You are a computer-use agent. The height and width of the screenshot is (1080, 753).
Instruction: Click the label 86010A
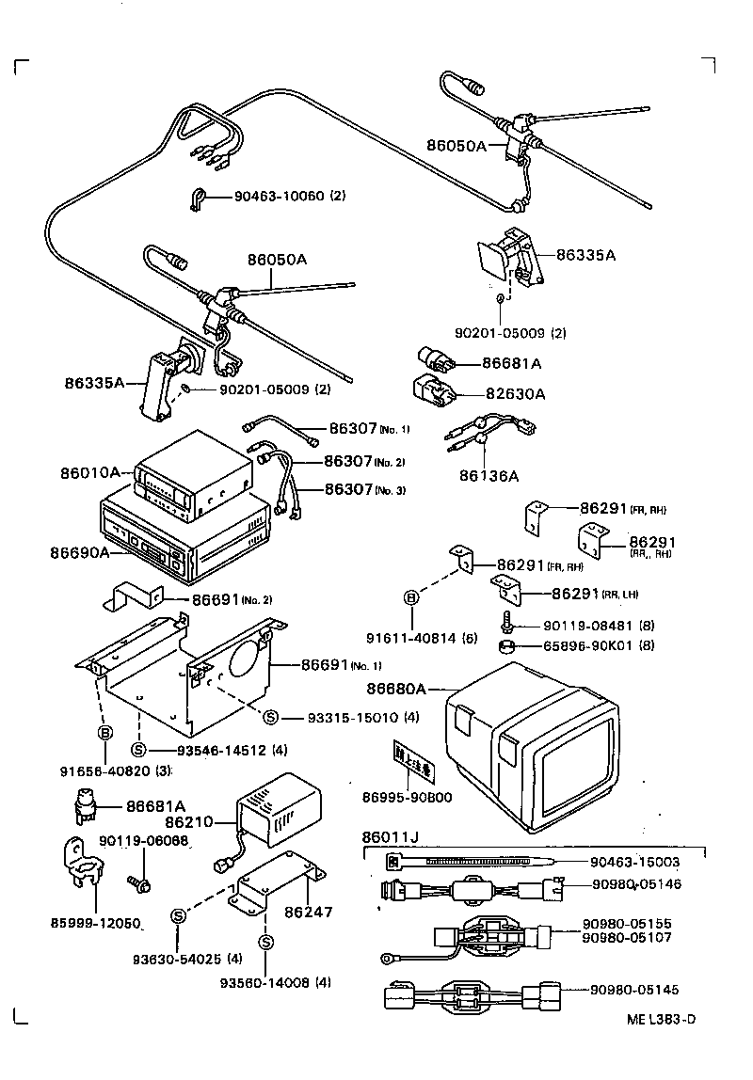coord(92,472)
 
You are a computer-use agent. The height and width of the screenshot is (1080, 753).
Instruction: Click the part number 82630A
coord(514,394)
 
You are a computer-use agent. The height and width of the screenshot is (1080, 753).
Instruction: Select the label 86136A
coord(488,476)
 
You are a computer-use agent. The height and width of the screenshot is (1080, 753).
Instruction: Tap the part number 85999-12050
coord(95,924)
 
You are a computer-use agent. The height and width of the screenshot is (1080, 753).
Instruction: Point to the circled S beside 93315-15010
coord(270,718)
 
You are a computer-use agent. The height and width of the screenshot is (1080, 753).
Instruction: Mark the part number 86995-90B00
coord(408,798)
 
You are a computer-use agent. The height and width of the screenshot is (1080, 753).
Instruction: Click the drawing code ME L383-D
coord(663,1020)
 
